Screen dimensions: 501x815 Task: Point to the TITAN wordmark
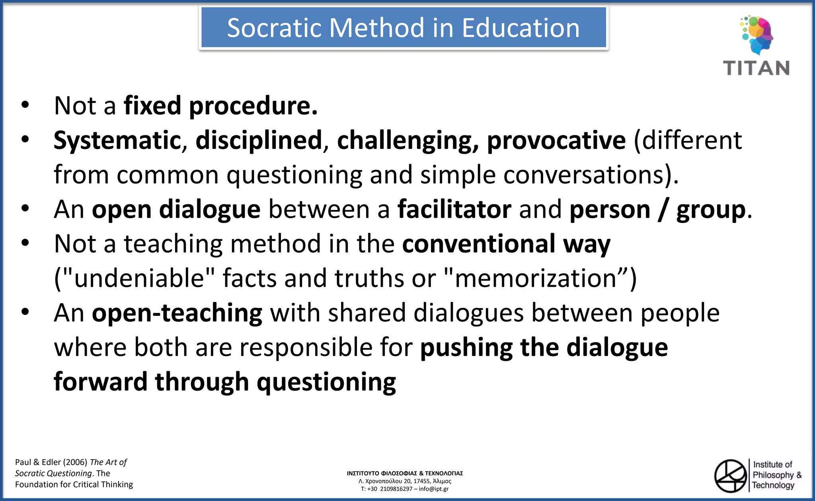(756, 68)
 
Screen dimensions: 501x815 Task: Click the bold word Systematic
(117, 141)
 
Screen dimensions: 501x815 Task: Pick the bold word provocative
(556, 141)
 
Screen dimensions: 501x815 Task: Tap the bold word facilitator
(454, 209)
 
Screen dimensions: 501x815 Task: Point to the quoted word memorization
(535, 278)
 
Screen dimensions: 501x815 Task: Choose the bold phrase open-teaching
(177, 313)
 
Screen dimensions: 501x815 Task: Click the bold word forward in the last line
(101, 382)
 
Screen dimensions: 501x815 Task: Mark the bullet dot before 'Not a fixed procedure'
(25, 105)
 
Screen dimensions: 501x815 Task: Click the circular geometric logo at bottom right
(731, 476)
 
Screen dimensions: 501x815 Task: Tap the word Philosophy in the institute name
(773, 475)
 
